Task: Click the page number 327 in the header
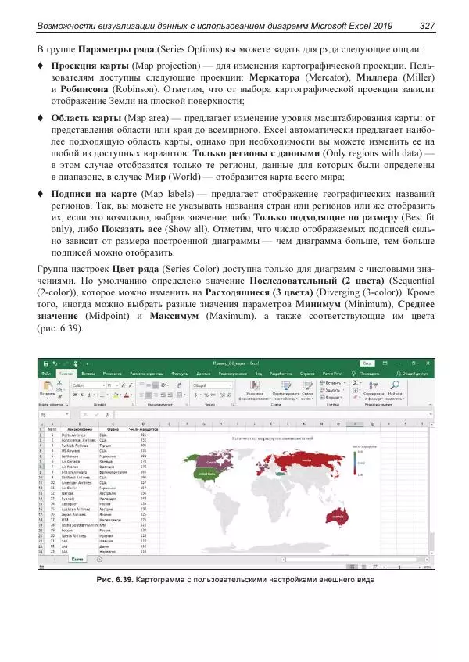click(x=427, y=27)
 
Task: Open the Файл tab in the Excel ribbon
click(x=46, y=374)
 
